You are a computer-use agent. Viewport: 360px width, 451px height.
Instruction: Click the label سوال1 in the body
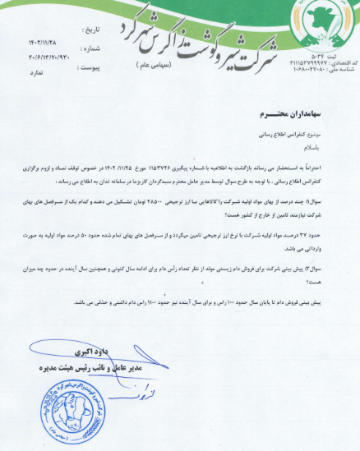tap(330, 200)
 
